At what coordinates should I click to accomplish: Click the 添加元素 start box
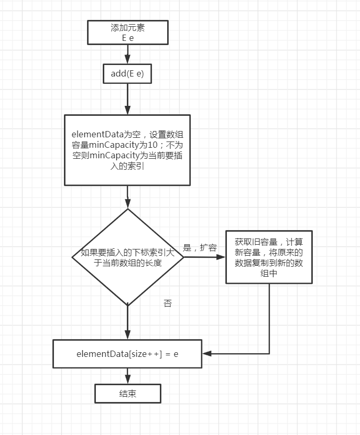point(127,32)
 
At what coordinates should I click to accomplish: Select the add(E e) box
point(127,74)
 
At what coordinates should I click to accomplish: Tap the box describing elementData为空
point(127,149)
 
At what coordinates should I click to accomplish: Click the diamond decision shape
point(127,257)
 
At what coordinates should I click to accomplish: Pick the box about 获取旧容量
point(269,257)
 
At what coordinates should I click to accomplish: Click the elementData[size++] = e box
point(127,354)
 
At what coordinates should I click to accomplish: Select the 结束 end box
point(127,394)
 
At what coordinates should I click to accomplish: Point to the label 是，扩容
point(200,247)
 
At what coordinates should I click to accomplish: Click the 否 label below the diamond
point(168,303)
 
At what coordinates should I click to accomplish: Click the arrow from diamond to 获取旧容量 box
point(204,257)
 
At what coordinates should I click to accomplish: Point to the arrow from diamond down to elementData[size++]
point(127,322)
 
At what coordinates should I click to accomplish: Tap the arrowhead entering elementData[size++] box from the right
point(207,354)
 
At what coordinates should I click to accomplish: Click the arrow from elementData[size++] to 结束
point(127,376)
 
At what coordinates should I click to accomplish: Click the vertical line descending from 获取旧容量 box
point(269,320)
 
